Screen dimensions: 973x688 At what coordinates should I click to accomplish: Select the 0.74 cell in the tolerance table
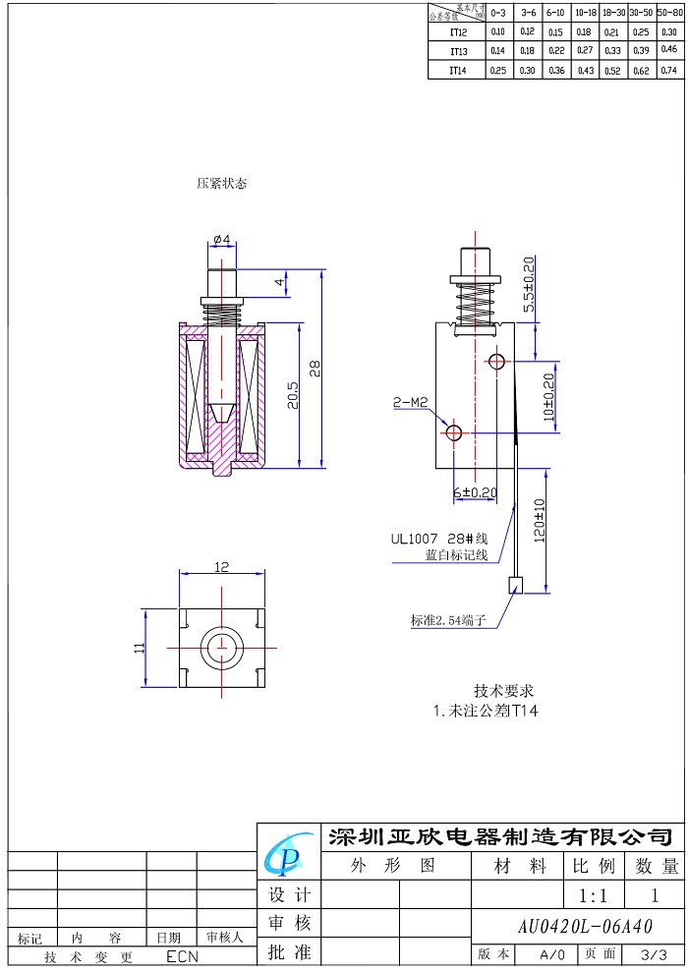pyautogui.click(x=669, y=70)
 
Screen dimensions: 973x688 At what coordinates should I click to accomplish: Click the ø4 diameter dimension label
pyautogui.click(x=220, y=240)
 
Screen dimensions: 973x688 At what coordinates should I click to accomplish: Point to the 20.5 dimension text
pyautogui.click(x=292, y=395)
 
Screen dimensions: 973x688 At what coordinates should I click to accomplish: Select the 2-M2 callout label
pyautogui.click(x=410, y=402)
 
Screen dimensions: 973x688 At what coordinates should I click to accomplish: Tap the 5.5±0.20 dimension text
pyautogui.click(x=529, y=285)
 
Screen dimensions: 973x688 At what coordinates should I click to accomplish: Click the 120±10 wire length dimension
pyautogui.click(x=539, y=523)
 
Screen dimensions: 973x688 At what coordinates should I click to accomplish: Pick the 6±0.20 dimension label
pyautogui.click(x=474, y=491)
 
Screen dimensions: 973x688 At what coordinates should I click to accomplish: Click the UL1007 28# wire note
pyautogui.click(x=439, y=539)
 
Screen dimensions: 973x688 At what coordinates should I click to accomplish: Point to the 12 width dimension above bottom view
pyautogui.click(x=221, y=567)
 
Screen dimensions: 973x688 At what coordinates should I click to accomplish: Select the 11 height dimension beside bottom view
pyautogui.click(x=140, y=648)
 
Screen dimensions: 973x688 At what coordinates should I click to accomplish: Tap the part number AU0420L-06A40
pyautogui.click(x=584, y=927)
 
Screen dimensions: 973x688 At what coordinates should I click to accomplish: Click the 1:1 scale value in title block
pyautogui.click(x=594, y=895)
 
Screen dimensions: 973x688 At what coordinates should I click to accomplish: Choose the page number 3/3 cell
pyautogui.click(x=653, y=954)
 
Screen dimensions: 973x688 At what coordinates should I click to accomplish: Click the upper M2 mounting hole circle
pyautogui.click(x=496, y=362)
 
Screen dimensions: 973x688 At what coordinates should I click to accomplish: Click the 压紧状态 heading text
pyautogui.click(x=221, y=183)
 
